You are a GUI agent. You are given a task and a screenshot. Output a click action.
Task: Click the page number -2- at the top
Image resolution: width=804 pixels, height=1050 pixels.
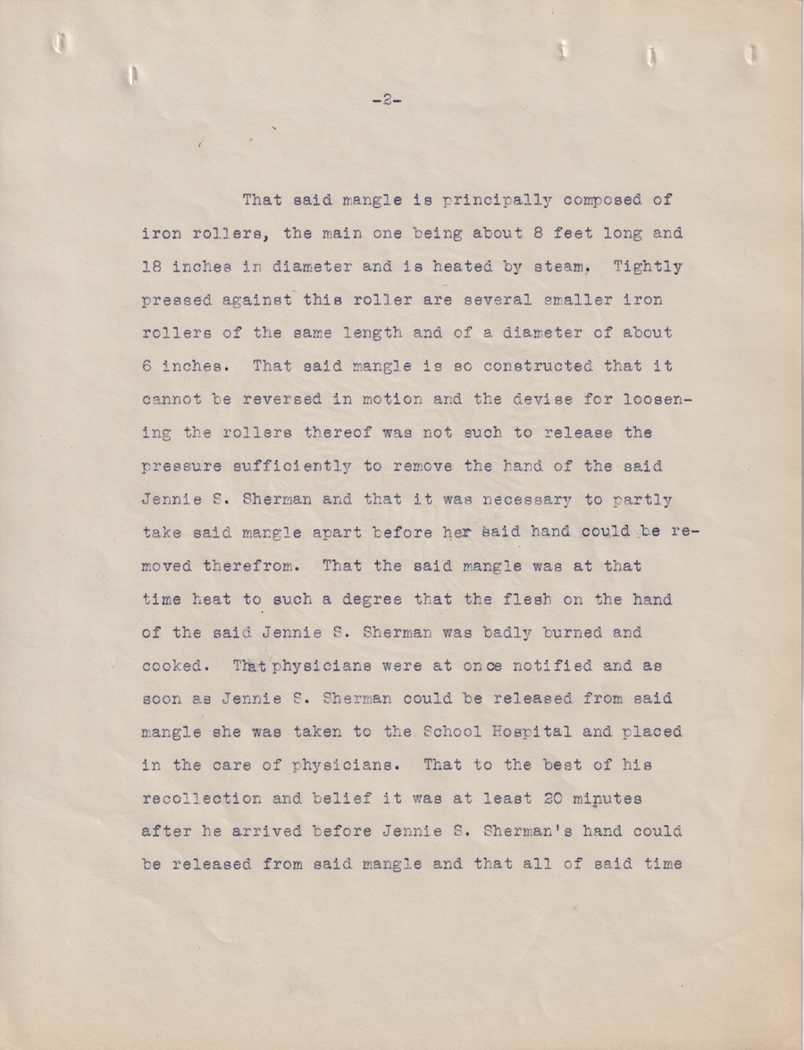(386, 101)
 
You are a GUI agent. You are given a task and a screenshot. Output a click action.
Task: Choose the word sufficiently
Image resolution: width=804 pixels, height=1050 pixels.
(285, 466)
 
